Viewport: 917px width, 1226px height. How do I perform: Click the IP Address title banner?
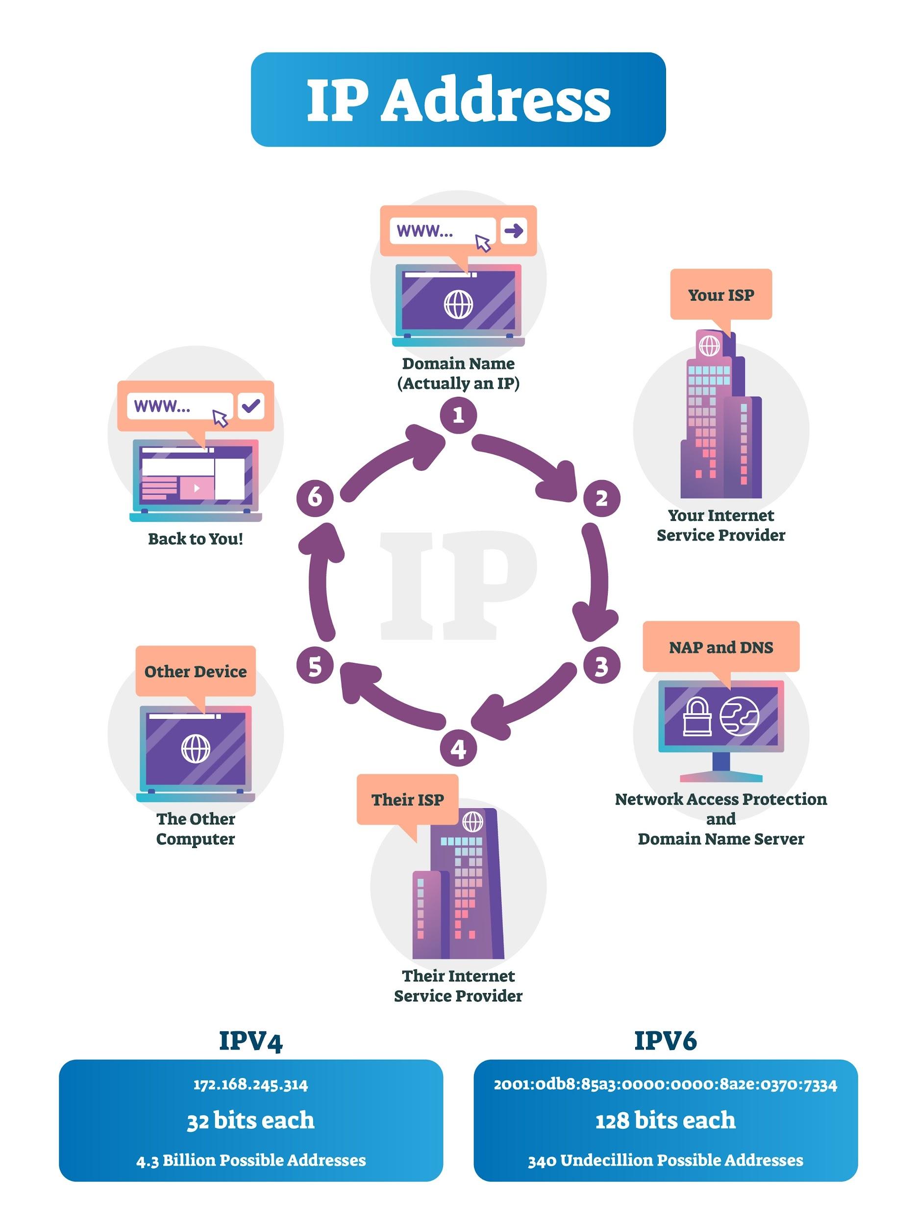[458, 100]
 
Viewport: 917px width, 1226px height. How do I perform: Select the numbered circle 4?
[458, 749]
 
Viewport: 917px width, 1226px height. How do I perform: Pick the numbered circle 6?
[315, 497]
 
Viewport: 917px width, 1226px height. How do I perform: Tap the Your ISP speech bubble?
[720, 295]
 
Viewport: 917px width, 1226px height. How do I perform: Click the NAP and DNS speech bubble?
[720, 647]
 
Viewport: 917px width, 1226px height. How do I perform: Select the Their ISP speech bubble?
[407, 800]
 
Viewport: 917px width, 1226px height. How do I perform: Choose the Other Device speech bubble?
[196, 672]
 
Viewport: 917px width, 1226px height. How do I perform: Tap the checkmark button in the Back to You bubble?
[251, 406]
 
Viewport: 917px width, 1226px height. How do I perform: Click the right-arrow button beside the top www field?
[514, 230]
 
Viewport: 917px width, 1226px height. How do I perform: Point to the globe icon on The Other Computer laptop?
[196, 749]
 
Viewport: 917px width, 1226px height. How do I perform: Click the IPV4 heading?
[251, 1041]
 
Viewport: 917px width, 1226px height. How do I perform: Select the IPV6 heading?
[665, 1041]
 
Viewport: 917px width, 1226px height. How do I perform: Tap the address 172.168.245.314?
[250, 1085]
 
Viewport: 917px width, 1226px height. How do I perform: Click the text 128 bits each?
[665, 1121]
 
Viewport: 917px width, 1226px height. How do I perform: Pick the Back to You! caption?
[196, 539]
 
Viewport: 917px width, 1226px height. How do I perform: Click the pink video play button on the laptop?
[196, 488]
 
